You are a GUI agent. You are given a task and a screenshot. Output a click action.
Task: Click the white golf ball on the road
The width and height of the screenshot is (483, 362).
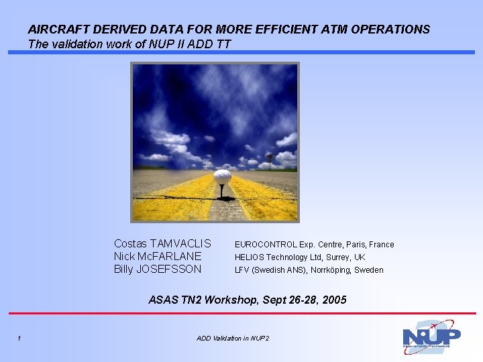(x=222, y=177)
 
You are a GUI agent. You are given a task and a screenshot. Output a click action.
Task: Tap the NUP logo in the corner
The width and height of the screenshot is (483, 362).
(x=431, y=337)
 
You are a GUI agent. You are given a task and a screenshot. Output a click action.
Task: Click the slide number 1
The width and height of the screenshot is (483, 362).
(x=19, y=338)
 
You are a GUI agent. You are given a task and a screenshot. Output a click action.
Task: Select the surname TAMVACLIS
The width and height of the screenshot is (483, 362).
(x=180, y=244)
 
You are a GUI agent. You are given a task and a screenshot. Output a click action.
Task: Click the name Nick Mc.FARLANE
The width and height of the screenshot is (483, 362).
(x=157, y=257)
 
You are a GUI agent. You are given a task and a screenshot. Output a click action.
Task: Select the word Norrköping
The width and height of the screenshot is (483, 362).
(x=330, y=270)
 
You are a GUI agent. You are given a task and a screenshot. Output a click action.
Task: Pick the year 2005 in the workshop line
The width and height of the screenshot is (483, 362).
(x=334, y=300)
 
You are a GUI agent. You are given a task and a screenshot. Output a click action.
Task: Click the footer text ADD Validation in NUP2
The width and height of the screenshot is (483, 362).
(x=233, y=338)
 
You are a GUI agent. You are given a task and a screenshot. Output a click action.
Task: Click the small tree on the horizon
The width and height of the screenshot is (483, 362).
(x=270, y=159)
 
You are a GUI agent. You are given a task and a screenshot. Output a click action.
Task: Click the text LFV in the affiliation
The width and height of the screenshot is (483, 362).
(x=241, y=270)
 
